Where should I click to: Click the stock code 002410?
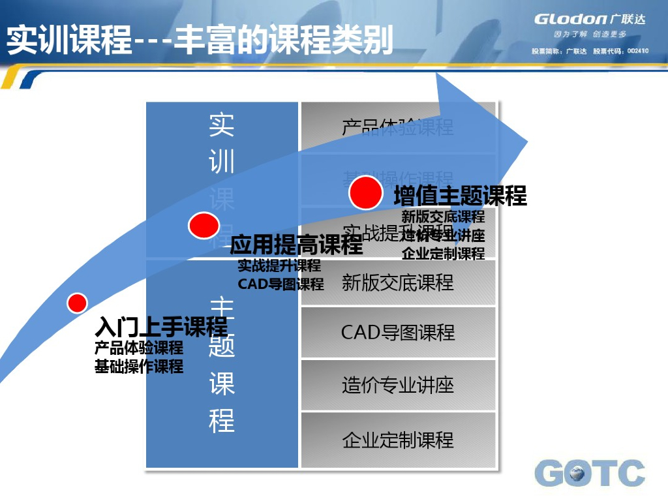[x=638, y=51]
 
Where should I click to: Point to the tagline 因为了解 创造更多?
[x=590, y=34]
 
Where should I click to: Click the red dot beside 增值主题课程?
[x=365, y=193]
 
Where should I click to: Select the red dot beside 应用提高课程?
[x=204, y=226]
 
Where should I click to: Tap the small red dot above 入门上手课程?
[x=78, y=303]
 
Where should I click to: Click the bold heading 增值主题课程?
[x=460, y=196]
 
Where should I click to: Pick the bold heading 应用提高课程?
[x=296, y=245]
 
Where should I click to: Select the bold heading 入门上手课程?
[x=161, y=326]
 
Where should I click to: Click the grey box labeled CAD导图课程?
[x=398, y=333]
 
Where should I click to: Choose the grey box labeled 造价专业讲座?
[x=398, y=386]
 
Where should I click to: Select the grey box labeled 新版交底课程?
[x=398, y=282]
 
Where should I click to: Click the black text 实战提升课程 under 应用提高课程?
[x=279, y=266]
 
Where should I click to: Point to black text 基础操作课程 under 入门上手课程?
[x=139, y=366]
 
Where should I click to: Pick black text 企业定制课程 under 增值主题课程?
[x=444, y=254]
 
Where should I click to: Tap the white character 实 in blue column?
[x=222, y=124]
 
